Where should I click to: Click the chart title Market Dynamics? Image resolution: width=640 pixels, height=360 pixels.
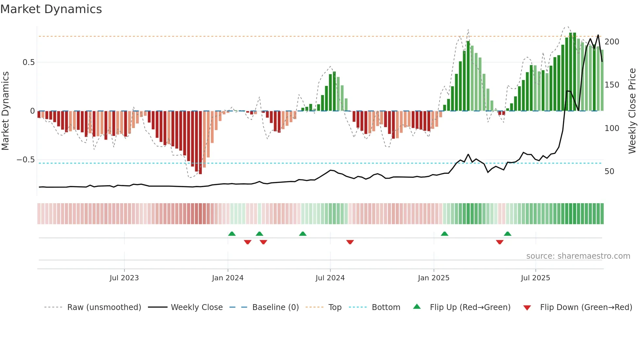[x=51, y=9]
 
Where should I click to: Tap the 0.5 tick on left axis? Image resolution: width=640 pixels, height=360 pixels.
[x=28, y=62]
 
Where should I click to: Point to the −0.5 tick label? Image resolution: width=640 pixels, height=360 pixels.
[x=26, y=160]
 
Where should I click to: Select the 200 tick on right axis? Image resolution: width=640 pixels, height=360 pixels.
[x=612, y=42]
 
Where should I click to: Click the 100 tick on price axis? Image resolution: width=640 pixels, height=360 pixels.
[x=612, y=128]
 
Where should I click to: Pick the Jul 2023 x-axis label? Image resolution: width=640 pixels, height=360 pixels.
[x=124, y=278]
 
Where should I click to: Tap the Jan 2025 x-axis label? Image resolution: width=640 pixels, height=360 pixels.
[x=433, y=278]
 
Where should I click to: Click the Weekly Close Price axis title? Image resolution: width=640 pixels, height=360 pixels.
[x=632, y=111]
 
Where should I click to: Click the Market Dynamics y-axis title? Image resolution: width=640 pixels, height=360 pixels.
[x=5, y=111]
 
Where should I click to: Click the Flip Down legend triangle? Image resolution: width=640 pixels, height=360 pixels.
[x=527, y=308]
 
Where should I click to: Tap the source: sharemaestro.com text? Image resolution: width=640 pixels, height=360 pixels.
[x=578, y=256]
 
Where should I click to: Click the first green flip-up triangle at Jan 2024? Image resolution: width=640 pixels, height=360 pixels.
[x=232, y=234]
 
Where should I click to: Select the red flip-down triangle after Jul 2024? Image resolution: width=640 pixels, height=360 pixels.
[x=350, y=242]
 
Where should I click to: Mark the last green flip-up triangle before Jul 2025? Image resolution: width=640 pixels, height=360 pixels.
[x=507, y=234]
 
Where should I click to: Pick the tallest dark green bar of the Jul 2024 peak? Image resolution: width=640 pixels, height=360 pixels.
[x=334, y=91]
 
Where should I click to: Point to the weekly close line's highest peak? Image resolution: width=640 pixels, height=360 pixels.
[x=598, y=35]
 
